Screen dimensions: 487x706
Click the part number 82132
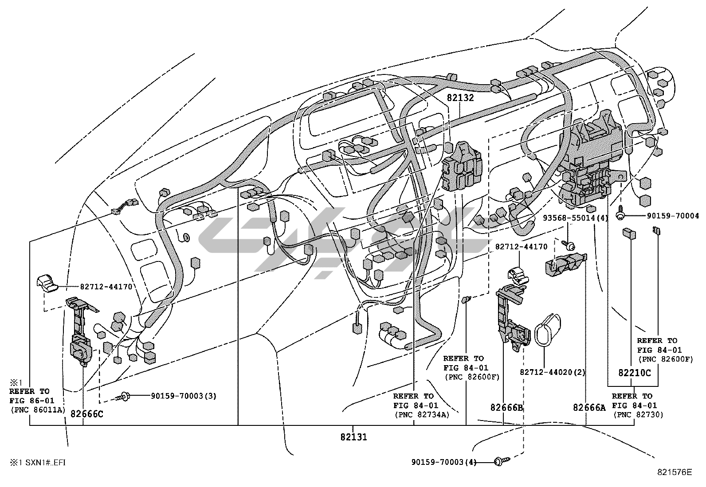pos(460,98)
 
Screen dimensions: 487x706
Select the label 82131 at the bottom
pos(353,436)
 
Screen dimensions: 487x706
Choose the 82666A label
pos(589,407)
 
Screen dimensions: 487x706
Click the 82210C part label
pos(635,373)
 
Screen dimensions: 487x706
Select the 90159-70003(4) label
pos(444,462)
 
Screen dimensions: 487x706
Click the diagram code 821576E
pos(674,472)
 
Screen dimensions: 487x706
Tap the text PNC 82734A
pos(421,415)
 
